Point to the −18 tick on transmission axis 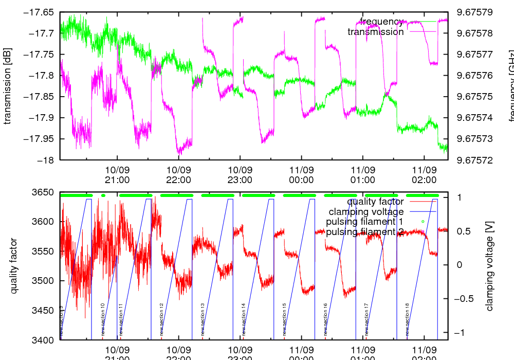click(48, 160)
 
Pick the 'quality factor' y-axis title click(14, 266)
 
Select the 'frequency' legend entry click(381, 22)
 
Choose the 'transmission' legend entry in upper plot click(376, 32)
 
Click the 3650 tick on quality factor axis click(44, 193)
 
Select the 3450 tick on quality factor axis click(44, 311)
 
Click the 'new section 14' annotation click(243, 319)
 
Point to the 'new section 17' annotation click(366, 319)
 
